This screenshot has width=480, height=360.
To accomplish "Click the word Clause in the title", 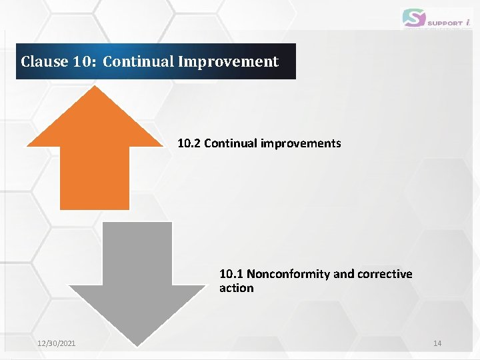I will pos(45,62).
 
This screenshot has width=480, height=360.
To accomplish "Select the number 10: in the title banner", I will pos(85,62).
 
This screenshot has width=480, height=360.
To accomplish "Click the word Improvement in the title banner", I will pos(228,62).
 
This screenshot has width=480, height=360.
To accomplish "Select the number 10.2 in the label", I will pos(189,143).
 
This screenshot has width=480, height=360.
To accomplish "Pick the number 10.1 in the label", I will pos(231,274).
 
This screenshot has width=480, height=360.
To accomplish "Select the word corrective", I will pos(385,274).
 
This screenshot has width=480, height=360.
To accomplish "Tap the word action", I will pos(236,288).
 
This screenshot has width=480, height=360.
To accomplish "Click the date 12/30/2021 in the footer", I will pos(56,343).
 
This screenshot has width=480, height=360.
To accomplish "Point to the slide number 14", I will pos(437,343).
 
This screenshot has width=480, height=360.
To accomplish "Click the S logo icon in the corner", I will pos(413,18).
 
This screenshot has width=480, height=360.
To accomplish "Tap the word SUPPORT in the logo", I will pos(445,23).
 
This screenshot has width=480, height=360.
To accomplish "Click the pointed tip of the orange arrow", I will pos(94,88).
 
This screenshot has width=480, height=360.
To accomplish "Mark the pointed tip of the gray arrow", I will pos(137,345).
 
